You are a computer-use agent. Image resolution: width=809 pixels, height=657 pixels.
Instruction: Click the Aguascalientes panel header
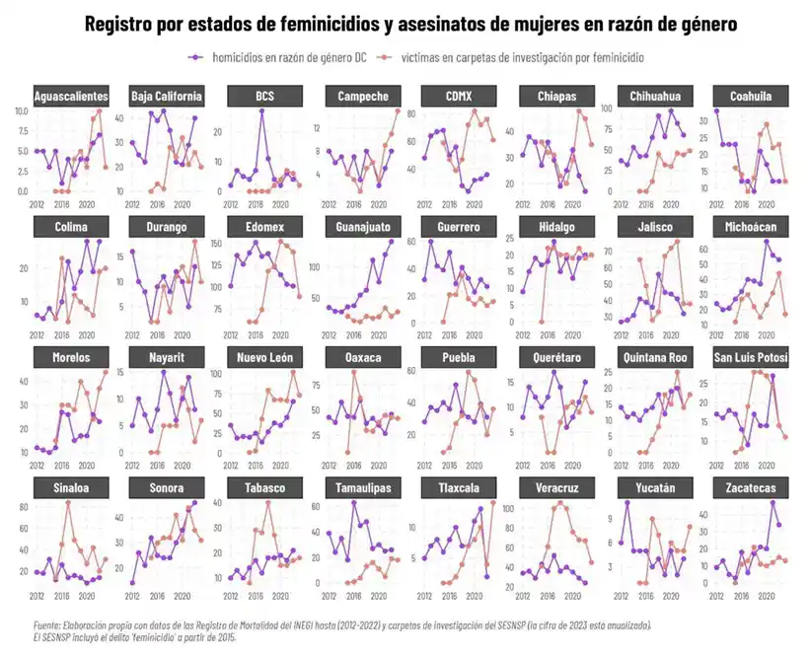click(71, 96)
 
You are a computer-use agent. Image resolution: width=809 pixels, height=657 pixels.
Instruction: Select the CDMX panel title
click(460, 96)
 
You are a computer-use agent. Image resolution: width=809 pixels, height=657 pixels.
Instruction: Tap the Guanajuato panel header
click(363, 227)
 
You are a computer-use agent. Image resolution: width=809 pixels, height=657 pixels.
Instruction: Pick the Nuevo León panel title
click(265, 357)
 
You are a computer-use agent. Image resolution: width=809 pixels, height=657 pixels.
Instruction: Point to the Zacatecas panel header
click(752, 488)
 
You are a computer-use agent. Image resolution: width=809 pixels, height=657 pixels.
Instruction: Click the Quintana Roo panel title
click(654, 357)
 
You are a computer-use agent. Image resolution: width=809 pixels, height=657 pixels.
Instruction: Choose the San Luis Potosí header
click(752, 357)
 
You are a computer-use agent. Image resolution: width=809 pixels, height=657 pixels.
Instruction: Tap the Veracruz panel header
click(557, 488)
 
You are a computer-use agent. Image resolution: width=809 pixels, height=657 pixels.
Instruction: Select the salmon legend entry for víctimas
click(523, 57)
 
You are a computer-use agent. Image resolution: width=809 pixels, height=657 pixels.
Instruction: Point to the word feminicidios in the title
click(309, 24)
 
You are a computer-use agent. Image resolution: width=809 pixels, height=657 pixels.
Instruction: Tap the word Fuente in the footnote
click(46, 625)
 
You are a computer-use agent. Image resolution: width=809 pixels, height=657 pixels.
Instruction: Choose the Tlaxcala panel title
click(460, 488)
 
